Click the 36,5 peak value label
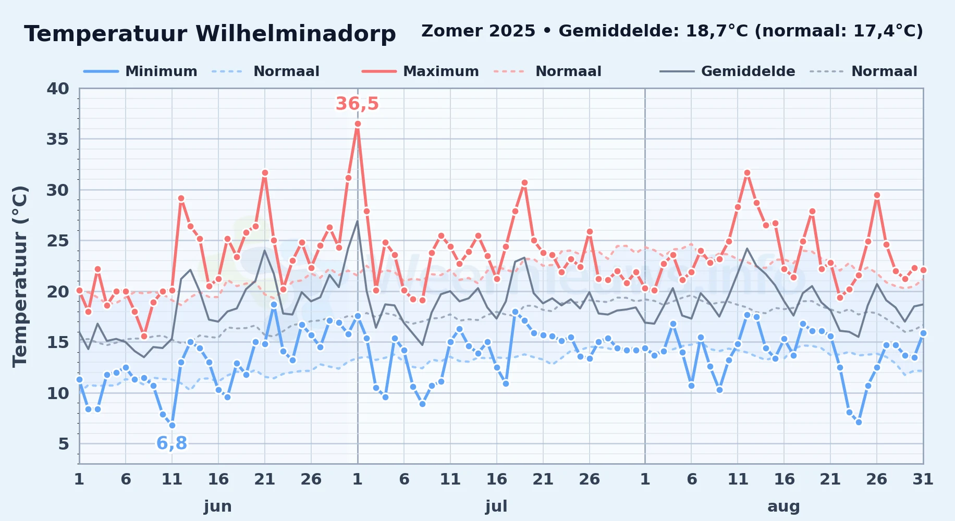pos(357,104)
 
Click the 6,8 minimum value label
pos(172,443)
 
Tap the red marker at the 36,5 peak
pos(358,124)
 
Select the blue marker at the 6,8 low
pos(172,425)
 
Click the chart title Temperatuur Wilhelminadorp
pos(210,34)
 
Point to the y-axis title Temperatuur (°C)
pos(20,276)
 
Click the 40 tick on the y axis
pos(58,89)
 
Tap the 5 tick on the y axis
pos(64,444)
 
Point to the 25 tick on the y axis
pos(58,241)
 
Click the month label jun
pos(218,506)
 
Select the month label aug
pos(783,506)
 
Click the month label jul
pos(496,506)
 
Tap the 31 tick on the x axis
pos(923,479)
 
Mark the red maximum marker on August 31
pos(923,270)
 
